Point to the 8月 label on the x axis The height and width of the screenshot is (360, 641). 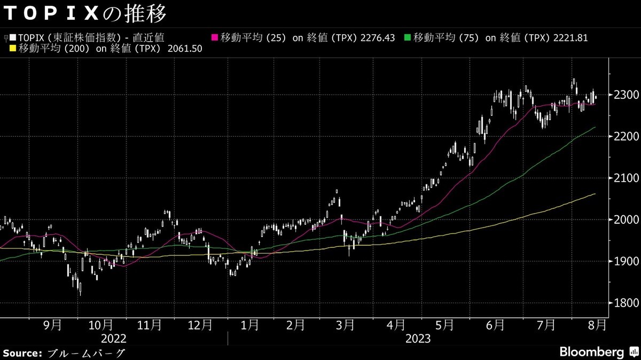pos(597,324)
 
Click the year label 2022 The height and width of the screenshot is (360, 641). pos(113,339)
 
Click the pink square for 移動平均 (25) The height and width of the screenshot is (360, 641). pos(215,37)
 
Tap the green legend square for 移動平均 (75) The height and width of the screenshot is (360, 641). pos(408,37)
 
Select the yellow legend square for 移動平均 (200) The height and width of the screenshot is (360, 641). pos(13,49)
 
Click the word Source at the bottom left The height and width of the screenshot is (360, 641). pos(22,353)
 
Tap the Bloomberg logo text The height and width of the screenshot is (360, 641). pos(591,352)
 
